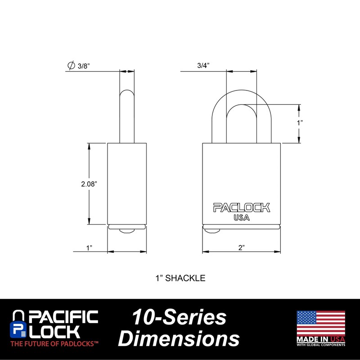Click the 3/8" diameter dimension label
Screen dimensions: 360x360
coord(84,66)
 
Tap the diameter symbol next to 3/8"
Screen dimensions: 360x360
coord(71,66)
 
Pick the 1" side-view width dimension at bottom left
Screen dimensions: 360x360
coord(89,247)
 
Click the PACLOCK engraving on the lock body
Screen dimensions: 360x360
coord(242,207)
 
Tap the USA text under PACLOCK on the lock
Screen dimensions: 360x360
coord(242,218)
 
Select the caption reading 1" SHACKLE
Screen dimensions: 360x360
coord(180,278)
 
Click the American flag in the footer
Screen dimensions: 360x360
coord(320,323)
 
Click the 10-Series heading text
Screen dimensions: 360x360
coord(179,318)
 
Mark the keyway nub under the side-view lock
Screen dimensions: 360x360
coord(127,231)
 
